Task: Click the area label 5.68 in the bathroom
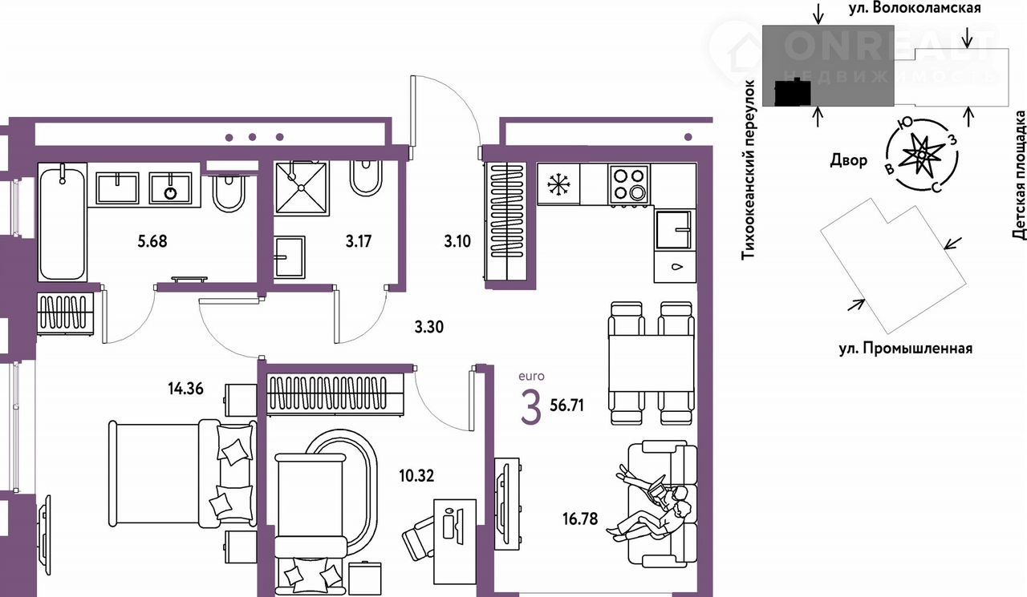(x=152, y=241)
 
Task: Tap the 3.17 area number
(x=358, y=241)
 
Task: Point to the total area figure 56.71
(x=566, y=405)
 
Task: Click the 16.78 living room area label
(x=580, y=518)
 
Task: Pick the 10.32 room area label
(x=416, y=476)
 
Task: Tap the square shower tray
(x=301, y=188)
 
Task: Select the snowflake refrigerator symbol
(x=558, y=184)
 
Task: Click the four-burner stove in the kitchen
(x=628, y=184)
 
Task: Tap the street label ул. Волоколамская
(x=914, y=8)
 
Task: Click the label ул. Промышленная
(x=905, y=349)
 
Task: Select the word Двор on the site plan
(x=848, y=159)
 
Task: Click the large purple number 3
(x=531, y=409)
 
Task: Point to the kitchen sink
(x=674, y=229)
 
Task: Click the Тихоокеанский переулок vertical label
(x=749, y=171)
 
